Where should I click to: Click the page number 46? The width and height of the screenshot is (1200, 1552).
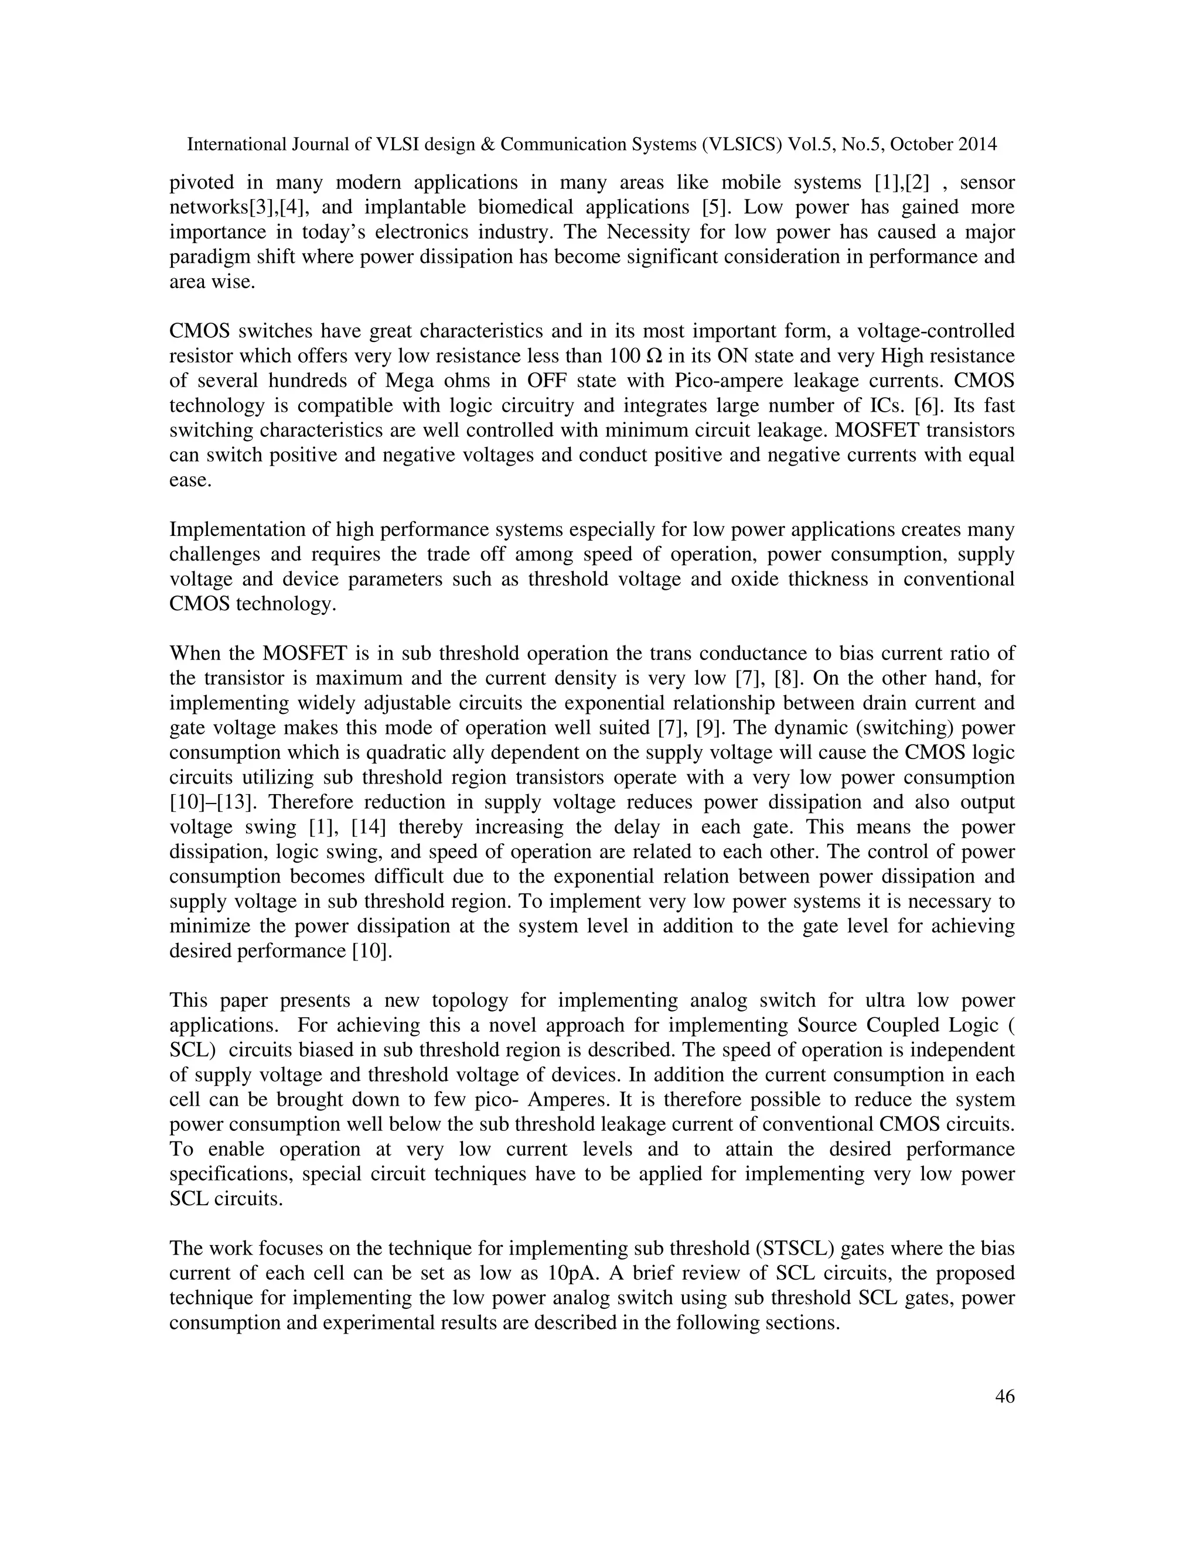point(1004,1397)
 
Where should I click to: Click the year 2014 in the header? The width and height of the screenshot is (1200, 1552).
point(977,145)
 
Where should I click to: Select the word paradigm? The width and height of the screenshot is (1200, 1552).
point(210,257)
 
